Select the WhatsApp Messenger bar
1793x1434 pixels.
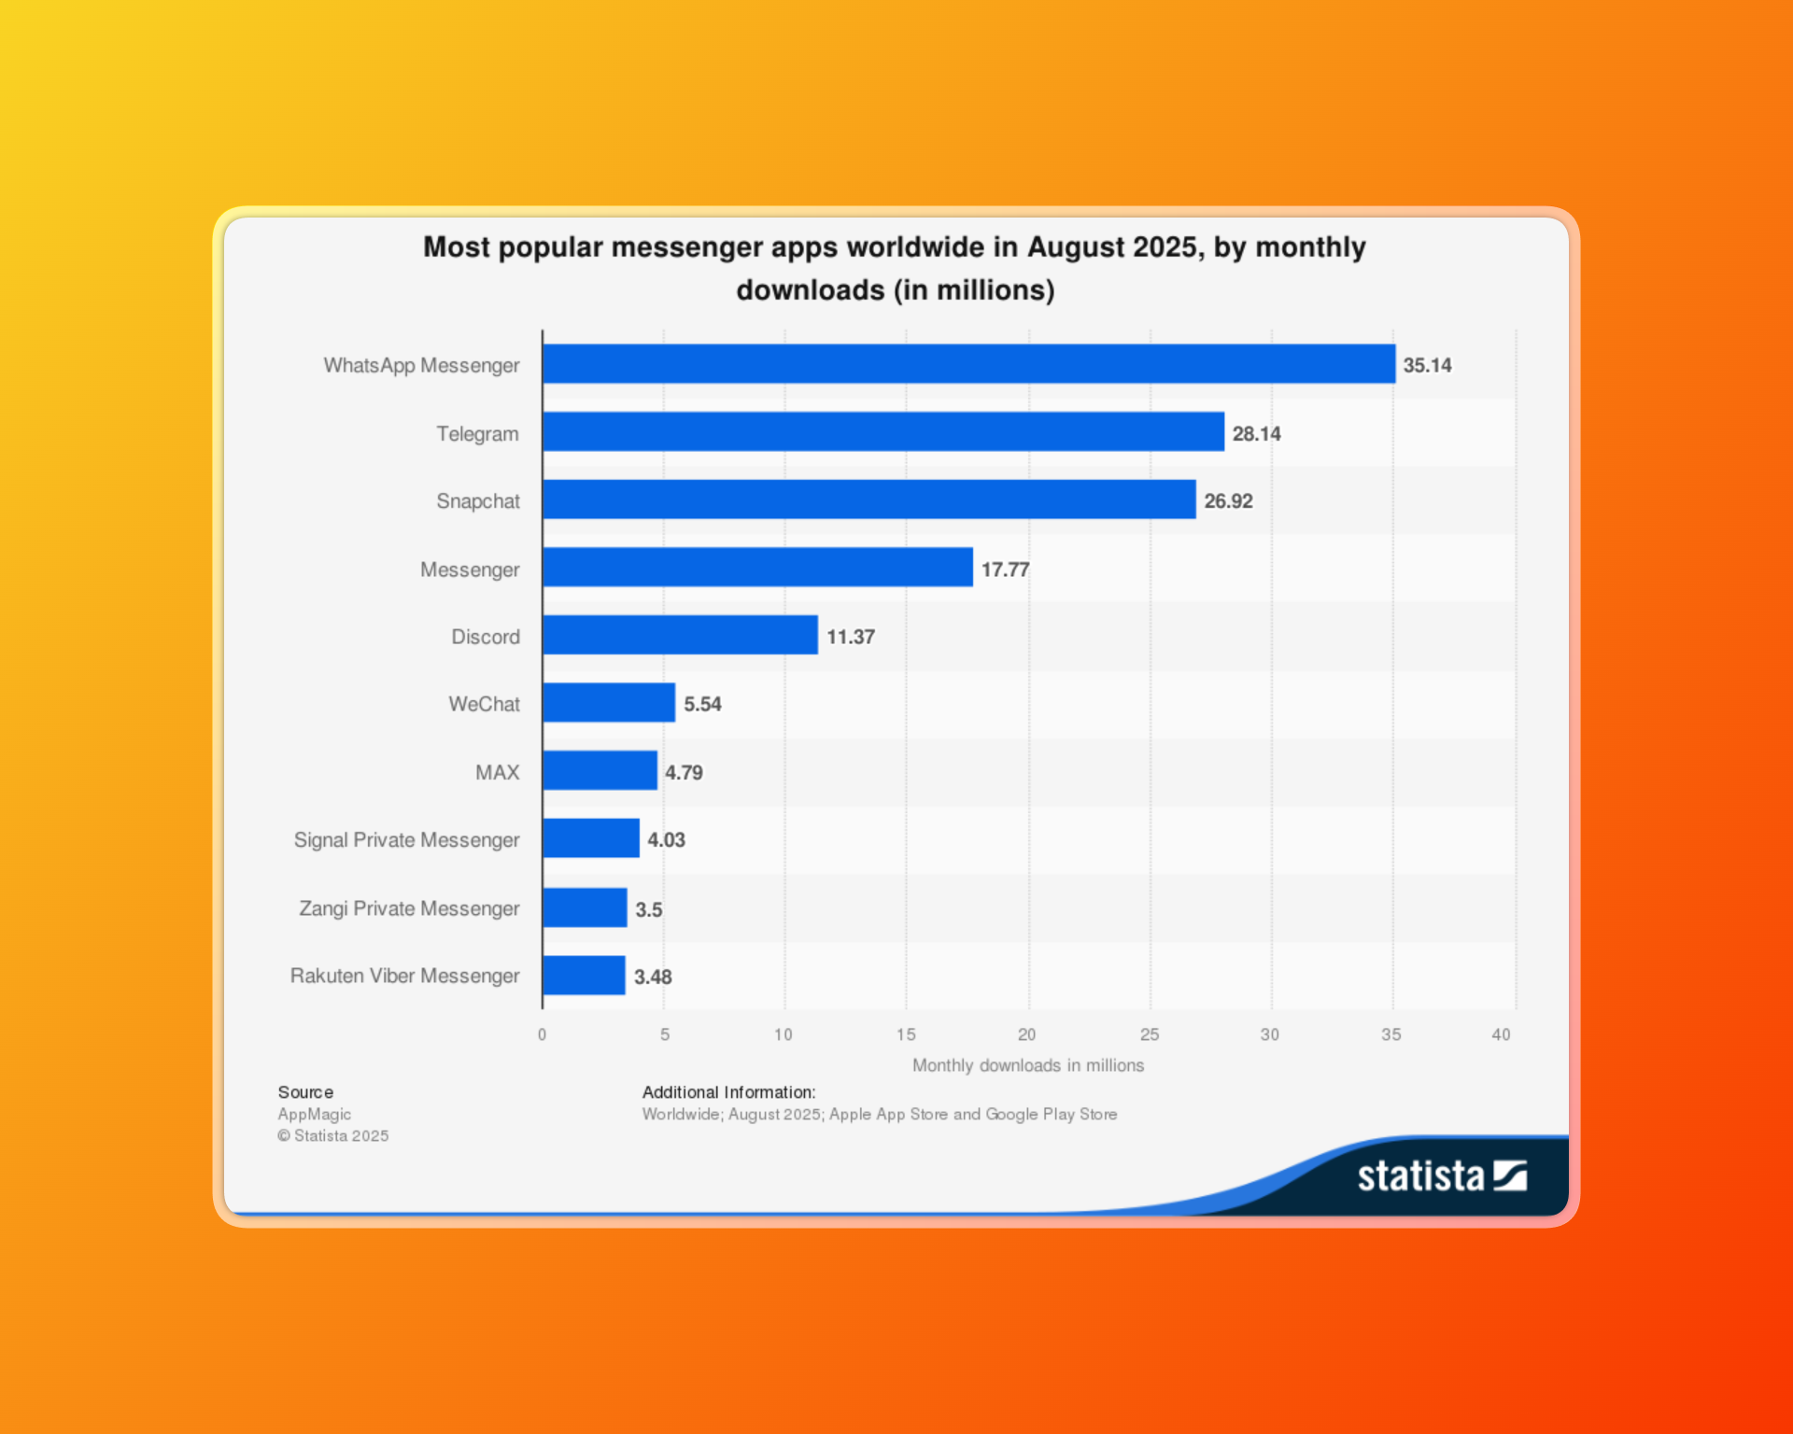[968, 364]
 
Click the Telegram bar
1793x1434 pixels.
[882, 432]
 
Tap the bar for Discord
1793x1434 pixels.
[680, 636]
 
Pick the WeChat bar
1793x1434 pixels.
[608, 703]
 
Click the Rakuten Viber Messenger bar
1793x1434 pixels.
[584, 976]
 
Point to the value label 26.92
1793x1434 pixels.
[1228, 501]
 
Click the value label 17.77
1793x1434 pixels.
[1005, 569]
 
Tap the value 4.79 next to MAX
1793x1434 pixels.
[684, 773]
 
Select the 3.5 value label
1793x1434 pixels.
[648, 909]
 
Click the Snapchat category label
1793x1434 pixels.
[478, 501]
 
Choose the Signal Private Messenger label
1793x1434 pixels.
[406, 840]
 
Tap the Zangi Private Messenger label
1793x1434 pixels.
[409, 908]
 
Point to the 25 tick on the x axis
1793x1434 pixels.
[1150, 1034]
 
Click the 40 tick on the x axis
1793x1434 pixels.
[1501, 1034]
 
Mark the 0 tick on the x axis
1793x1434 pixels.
[542, 1034]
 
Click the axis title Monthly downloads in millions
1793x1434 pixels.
[1027, 1065]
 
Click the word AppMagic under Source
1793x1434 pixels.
[315, 1115]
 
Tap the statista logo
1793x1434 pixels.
[1441, 1176]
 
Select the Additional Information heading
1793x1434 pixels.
[728, 1092]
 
